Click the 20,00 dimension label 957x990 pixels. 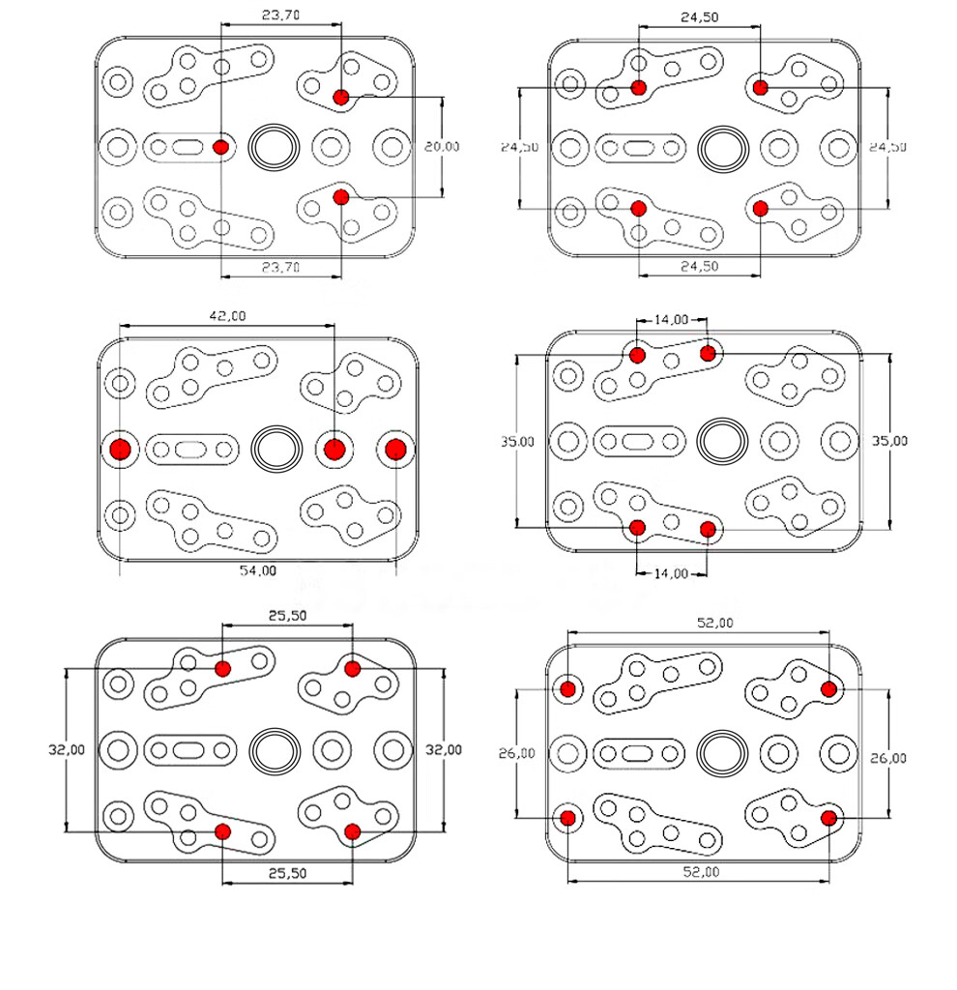pyautogui.click(x=442, y=147)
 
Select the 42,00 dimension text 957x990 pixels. pyautogui.click(x=228, y=315)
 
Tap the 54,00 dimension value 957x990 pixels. pyautogui.click(x=257, y=570)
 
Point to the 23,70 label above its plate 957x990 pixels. pyautogui.click(x=281, y=15)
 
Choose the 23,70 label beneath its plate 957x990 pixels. pyautogui.click(x=281, y=268)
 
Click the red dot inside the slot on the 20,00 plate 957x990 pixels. pyautogui.click(x=221, y=147)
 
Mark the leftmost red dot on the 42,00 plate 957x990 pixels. pyautogui.click(x=120, y=449)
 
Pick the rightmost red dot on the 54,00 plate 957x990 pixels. pyautogui.click(x=394, y=449)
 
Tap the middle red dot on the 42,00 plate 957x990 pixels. pyautogui.click(x=334, y=449)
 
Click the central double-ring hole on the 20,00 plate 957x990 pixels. pyautogui.click(x=275, y=147)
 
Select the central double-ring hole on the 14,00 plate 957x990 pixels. pyautogui.click(x=723, y=440)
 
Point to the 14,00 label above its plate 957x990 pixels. pyautogui.click(x=672, y=319)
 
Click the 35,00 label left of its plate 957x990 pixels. pyautogui.click(x=517, y=441)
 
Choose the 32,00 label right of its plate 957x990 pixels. pyautogui.click(x=444, y=749)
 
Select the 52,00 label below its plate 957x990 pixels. pyautogui.click(x=698, y=872)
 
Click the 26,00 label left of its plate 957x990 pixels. pyautogui.click(x=517, y=754)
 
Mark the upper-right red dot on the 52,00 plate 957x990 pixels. pyautogui.click(x=828, y=688)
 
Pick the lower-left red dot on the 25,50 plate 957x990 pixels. pyautogui.click(x=222, y=830)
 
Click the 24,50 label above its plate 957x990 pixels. pyautogui.click(x=699, y=16)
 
